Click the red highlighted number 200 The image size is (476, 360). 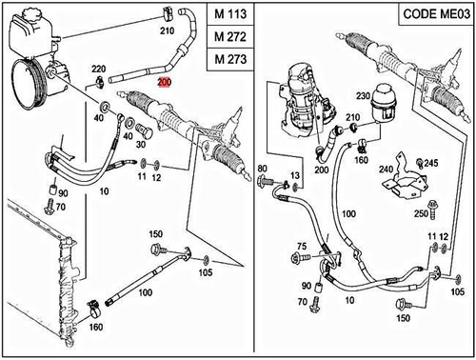[164, 84]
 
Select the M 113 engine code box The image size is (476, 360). [231, 17]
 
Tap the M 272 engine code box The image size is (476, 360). [231, 38]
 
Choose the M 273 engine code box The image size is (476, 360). [231, 59]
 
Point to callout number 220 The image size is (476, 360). [98, 70]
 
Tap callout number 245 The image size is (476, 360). [431, 163]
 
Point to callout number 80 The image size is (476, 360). [263, 170]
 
